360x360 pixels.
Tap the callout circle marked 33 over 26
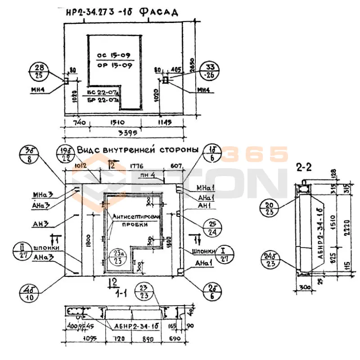pos(211,71)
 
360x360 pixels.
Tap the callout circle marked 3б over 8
pos(30,155)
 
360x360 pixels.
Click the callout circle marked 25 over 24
pos(211,228)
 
